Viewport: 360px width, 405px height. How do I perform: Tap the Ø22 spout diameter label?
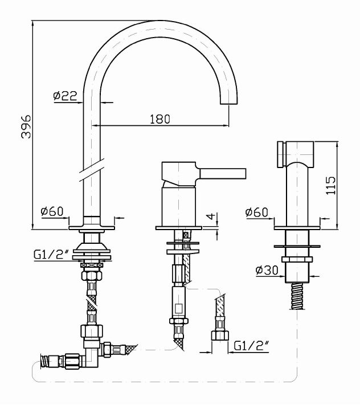(66, 97)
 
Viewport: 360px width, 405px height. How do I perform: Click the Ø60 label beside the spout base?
(52, 212)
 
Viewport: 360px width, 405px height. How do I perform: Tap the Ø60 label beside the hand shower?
(257, 212)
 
